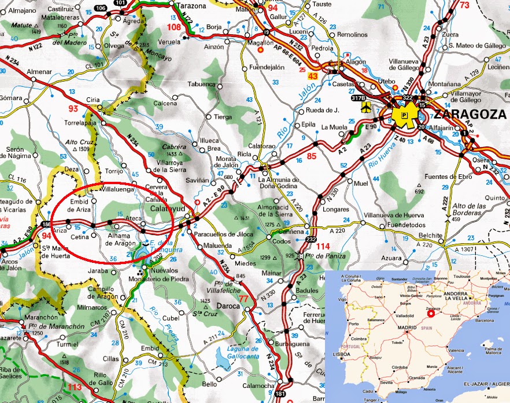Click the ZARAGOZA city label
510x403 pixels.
(471, 113)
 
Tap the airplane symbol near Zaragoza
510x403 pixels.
(365, 107)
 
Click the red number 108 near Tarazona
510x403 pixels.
(173, 27)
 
